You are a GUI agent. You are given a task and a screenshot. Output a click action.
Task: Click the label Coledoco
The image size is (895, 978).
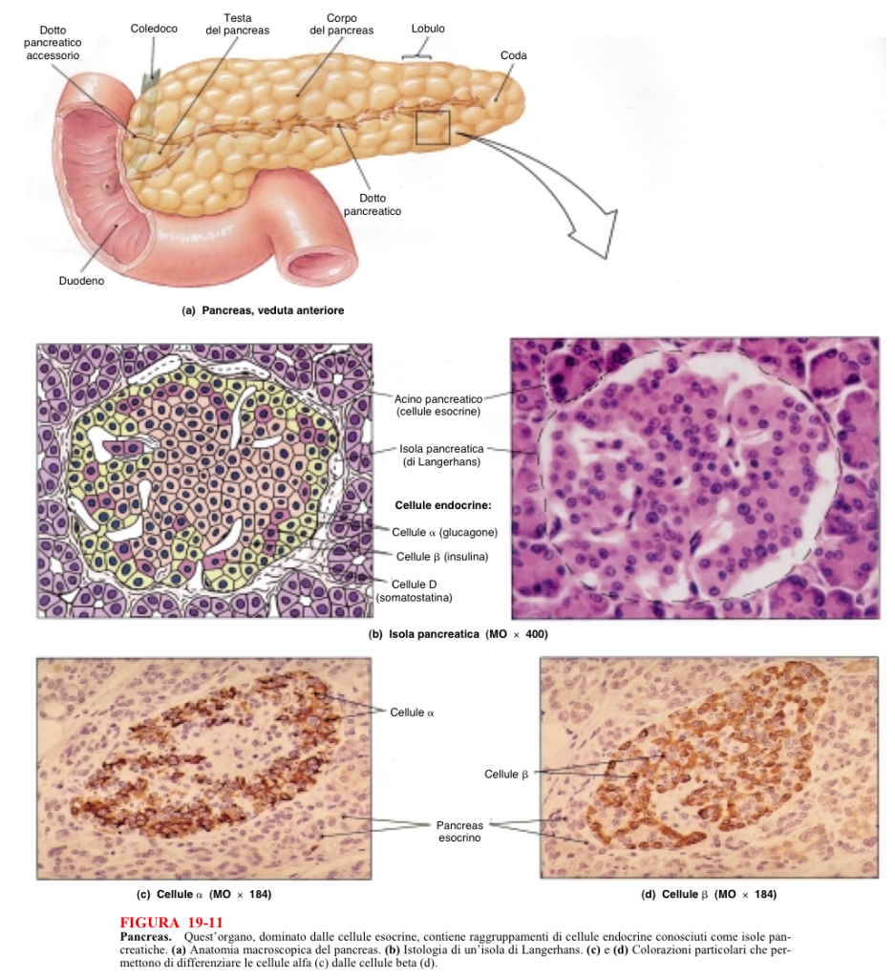pyautogui.click(x=154, y=29)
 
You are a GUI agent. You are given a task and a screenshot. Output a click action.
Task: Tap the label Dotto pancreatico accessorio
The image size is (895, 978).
pyautogui.click(x=53, y=43)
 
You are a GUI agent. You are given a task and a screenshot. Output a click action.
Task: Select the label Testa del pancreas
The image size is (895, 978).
pyautogui.click(x=237, y=24)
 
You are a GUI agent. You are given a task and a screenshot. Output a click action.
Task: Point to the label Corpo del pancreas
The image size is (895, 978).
pyautogui.click(x=341, y=24)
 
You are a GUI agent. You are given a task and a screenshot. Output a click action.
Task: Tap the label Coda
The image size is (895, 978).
pyautogui.click(x=514, y=55)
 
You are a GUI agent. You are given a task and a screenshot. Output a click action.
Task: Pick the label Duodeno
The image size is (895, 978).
pyautogui.click(x=81, y=282)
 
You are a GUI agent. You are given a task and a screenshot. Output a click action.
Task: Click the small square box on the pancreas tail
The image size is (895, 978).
pyautogui.click(x=432, y=127)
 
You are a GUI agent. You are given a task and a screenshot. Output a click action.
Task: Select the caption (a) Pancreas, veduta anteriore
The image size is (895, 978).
pyautogui.click(x=263, y=310)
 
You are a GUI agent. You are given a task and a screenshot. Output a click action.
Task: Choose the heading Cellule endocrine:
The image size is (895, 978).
pyautogui.click(x=442, y=504)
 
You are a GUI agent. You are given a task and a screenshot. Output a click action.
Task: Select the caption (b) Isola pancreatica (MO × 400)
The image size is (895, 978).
pyautogui.click(x=458, y=634)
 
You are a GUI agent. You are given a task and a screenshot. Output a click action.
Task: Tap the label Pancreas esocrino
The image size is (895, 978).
pyautogui.click(x=458, y=831)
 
